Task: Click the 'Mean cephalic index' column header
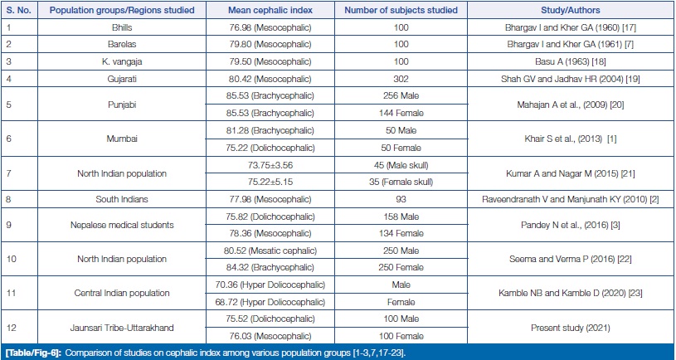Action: (270, 10)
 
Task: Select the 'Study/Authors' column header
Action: (571, 10)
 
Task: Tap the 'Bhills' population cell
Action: (122, 27)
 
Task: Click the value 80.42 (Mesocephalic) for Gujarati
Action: (270, 79)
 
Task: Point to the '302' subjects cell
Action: (401, 79)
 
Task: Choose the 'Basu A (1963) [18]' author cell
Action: (571, 61)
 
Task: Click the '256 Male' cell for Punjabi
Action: (401, 95)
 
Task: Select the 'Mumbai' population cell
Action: (122, 139)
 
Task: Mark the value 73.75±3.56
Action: (270, 165)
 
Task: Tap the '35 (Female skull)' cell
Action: (401, 182)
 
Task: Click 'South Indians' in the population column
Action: (122, 199)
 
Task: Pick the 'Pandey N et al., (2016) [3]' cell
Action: (571, 225)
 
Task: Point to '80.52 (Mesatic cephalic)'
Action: (270, 251)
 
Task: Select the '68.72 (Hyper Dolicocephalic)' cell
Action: (270, 302)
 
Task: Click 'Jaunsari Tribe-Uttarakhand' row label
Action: (122, 328)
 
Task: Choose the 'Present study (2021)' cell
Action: (571, 328)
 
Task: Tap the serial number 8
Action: (8, 199)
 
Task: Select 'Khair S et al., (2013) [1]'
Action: (571, 139)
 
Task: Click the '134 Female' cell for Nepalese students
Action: (401, 233)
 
